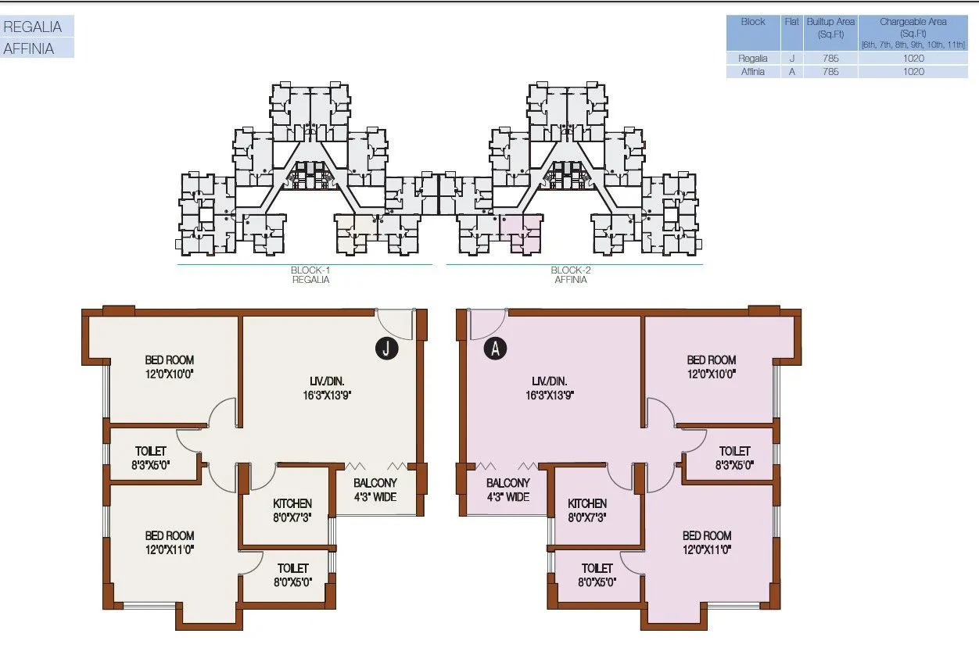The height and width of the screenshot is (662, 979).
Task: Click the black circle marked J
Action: pyautogui.click(x=386, y=349)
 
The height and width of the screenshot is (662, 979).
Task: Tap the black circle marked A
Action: pyautogui.click(x=494, y=349)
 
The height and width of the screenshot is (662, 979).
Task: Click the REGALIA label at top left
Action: pyautogui.click(x=33, y=27)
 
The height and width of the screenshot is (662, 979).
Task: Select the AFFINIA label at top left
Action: pyautogui.click(x=30, y=48)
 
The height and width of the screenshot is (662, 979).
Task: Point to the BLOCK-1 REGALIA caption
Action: pyautogui.click(x=310, y=275)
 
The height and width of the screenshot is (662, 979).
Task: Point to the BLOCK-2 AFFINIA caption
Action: pyautogui.click(x=570, y=275)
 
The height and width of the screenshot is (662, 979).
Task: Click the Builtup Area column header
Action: pyautogui.click(x=830, y=27)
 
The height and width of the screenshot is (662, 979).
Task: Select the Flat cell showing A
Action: pyautogui.click(x=791, y=71)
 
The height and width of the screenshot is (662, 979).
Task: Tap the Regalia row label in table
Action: pyautogui.click(x=753, y=58)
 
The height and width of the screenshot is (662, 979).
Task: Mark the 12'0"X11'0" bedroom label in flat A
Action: pyautogui.click(x=707, y=542)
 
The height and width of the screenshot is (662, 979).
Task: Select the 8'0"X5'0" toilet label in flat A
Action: pyautogui.click(x=597, y=574)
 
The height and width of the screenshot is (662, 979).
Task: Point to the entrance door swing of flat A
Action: pyautogui.click(x=486, y=324)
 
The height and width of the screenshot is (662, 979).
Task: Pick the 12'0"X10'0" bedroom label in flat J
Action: pyautogui.click(x=169, y=367)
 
